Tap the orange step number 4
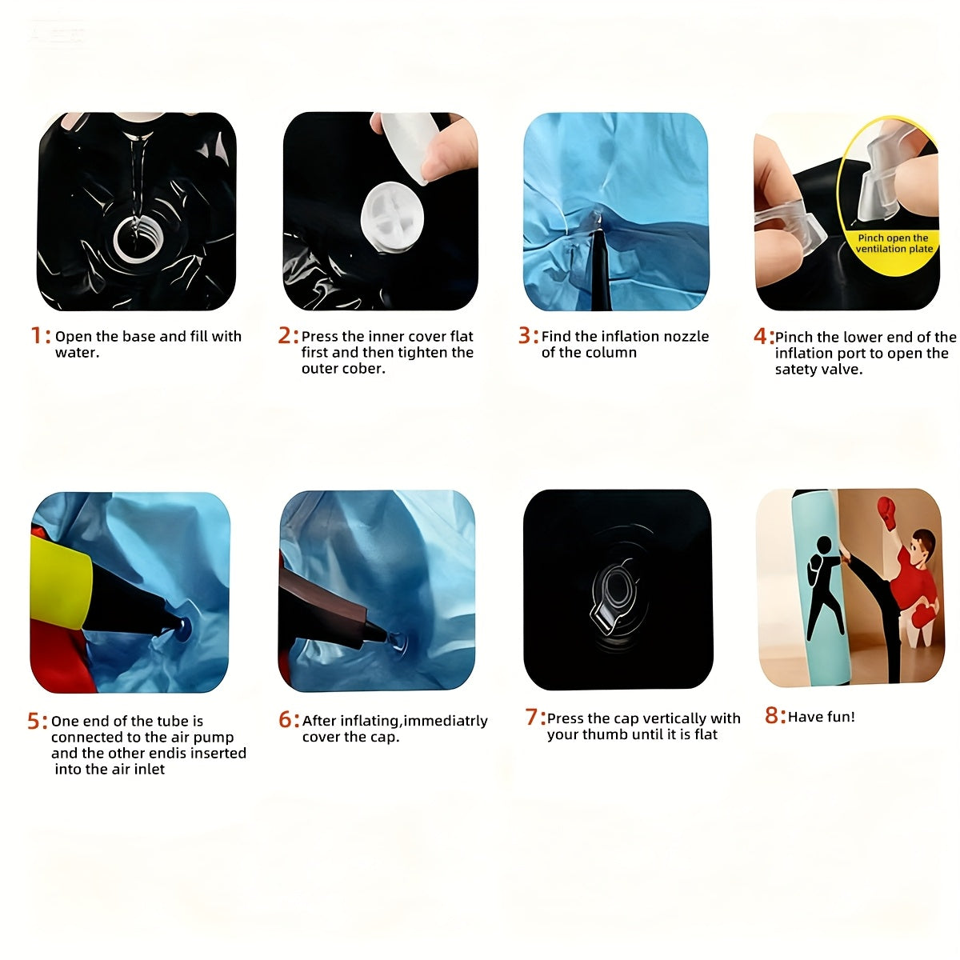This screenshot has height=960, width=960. click(760, 336)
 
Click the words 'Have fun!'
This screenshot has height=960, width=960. click(821, 717)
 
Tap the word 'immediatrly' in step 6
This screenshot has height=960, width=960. click(446, 721)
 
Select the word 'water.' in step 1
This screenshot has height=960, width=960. click(78, 353)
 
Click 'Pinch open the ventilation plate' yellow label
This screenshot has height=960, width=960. click(894, 244)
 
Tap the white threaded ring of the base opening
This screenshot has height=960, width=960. click(134, 239)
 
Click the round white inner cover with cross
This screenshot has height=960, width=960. click(392, 216)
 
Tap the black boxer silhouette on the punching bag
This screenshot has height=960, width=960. click(821, 588)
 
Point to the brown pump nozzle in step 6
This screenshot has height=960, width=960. click(329, 608)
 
